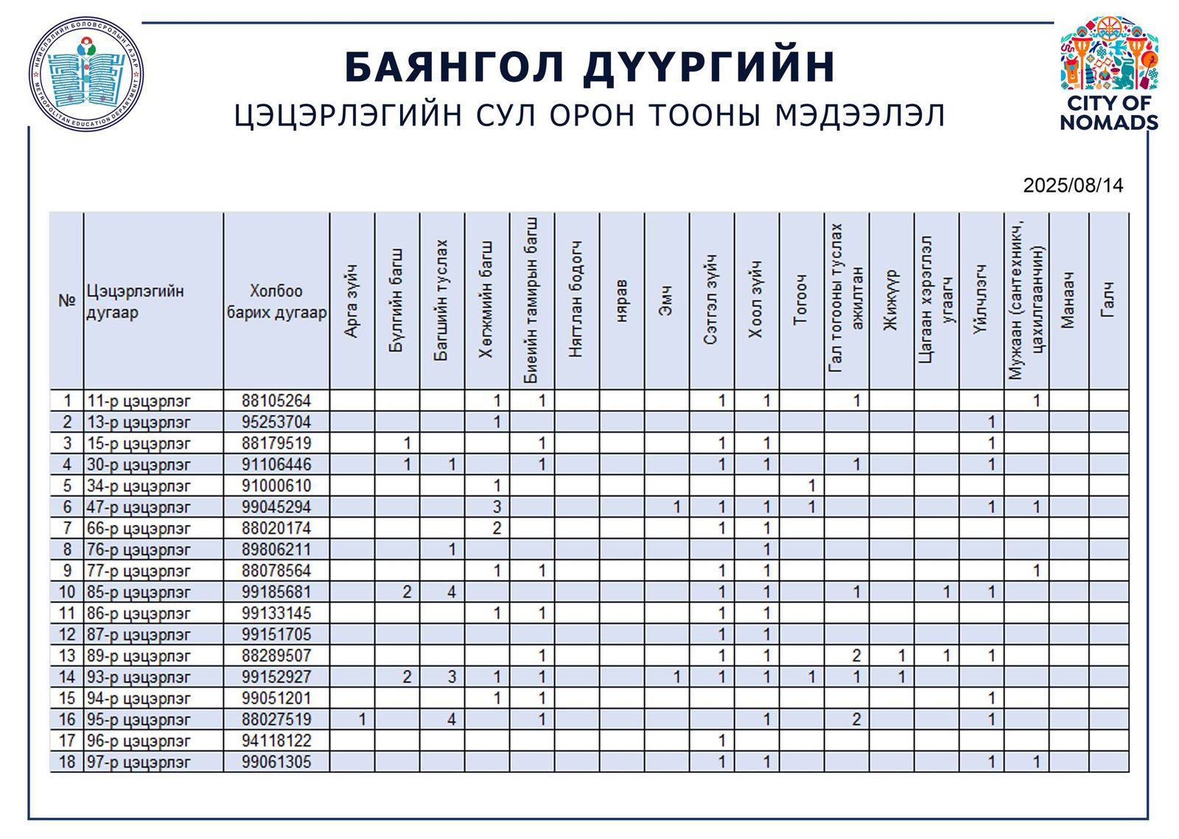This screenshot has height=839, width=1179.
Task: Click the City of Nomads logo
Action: [1108, 74]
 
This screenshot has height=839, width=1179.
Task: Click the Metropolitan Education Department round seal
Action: [86, 74]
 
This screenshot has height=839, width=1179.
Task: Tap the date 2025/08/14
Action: [1073, 185]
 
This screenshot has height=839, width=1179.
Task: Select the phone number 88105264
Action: [276, 401]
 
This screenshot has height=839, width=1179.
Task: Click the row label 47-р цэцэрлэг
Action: [139, 507]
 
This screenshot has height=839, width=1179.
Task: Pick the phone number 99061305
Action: [276, 762]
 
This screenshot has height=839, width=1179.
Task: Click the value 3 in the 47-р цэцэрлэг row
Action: [497, 507]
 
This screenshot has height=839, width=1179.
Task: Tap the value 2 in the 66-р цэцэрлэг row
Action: [497, 529]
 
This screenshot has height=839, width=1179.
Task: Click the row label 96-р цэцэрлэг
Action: [139, 741]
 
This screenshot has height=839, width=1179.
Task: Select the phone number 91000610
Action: [276, 486]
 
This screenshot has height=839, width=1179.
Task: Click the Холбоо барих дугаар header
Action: [276, 302]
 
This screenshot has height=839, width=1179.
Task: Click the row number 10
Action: [67, 592]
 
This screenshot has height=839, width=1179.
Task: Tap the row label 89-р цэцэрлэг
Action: [139, 656]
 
